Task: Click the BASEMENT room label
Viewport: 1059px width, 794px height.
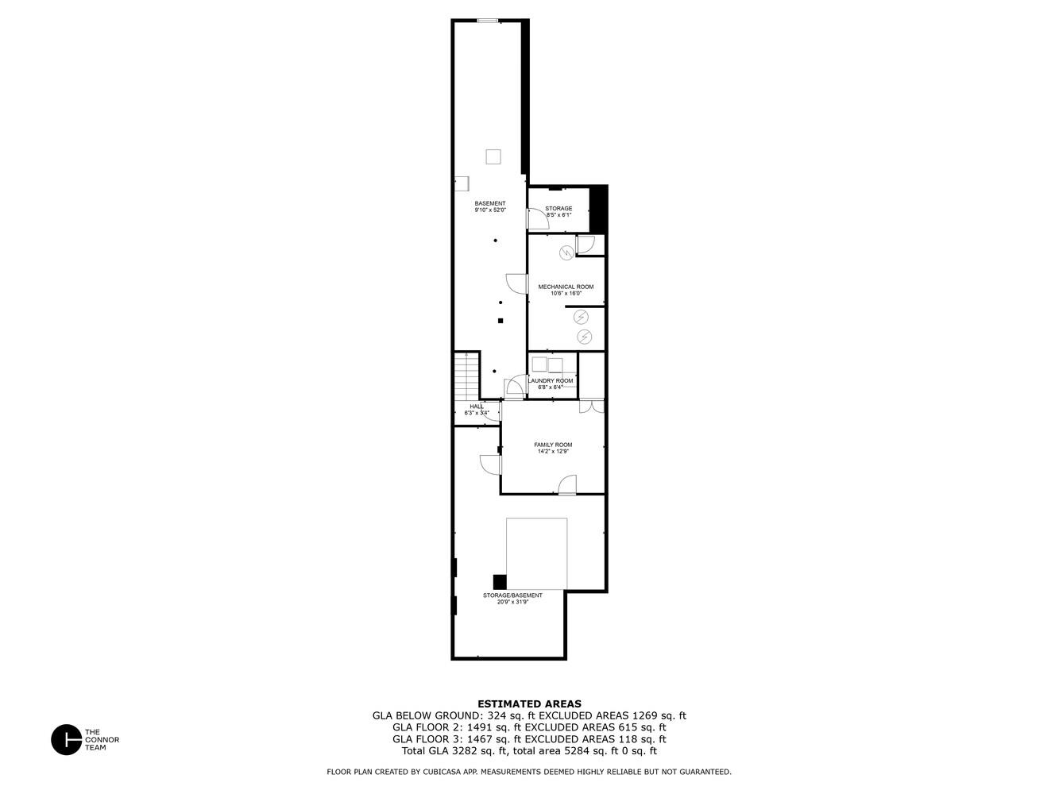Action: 489,203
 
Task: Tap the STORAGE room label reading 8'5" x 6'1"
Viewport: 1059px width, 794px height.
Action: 558,208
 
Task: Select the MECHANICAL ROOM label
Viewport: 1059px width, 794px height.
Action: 566,287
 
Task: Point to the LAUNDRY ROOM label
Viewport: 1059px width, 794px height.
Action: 551,381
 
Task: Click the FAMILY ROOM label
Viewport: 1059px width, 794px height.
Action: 553,445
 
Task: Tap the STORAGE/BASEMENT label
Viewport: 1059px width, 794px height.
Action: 512,595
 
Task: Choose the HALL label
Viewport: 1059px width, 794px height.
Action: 476,407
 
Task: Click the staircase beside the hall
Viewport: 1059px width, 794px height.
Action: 466,377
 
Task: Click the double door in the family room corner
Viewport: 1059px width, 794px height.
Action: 591,406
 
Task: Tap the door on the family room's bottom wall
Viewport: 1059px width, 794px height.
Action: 566,485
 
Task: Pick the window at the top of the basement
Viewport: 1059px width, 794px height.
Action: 487,21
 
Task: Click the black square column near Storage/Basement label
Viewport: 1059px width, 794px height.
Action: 500,582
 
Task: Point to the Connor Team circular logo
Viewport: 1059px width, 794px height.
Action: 66,739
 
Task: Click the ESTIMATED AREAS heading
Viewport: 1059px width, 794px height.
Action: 529,703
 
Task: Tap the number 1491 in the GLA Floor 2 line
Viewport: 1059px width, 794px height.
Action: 479,727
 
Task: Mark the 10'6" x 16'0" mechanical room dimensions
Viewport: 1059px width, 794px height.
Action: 566,294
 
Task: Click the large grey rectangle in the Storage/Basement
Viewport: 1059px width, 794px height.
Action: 537,553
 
